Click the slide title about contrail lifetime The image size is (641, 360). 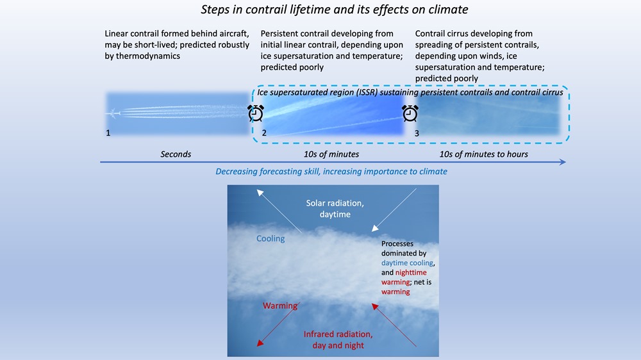335,10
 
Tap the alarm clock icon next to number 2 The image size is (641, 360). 256,113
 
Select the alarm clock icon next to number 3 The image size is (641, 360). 410,113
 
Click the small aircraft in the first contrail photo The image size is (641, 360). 113,113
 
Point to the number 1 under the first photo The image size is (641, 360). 108,133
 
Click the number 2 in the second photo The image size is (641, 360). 264,133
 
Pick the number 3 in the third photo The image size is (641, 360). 417,133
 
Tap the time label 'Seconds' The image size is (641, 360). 176,154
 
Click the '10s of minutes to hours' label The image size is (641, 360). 483,154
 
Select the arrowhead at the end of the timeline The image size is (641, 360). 563,162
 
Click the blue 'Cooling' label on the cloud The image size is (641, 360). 271,239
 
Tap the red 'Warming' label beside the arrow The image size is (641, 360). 280,306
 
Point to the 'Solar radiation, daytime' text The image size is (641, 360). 335,208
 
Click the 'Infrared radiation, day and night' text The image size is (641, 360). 338,340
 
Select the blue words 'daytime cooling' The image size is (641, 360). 407,263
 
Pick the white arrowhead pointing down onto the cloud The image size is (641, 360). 375,229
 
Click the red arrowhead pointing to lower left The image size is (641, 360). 260,343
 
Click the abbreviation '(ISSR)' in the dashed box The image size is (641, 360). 364,92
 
